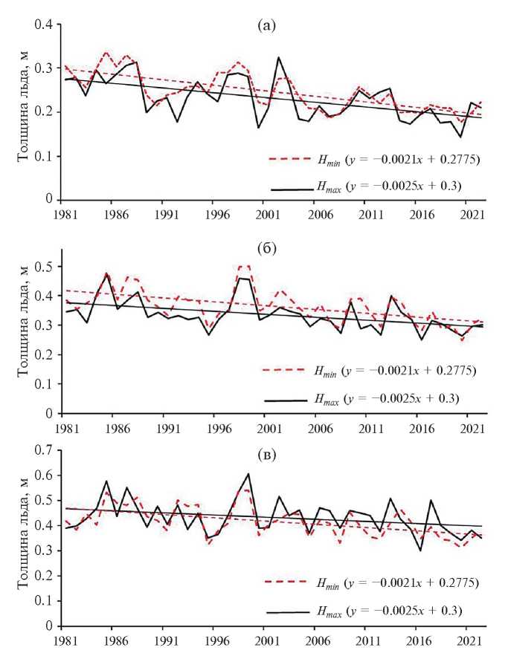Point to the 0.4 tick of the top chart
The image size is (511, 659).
45,25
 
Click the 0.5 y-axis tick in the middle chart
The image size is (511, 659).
45,267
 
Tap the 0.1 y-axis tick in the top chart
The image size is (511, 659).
45,156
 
